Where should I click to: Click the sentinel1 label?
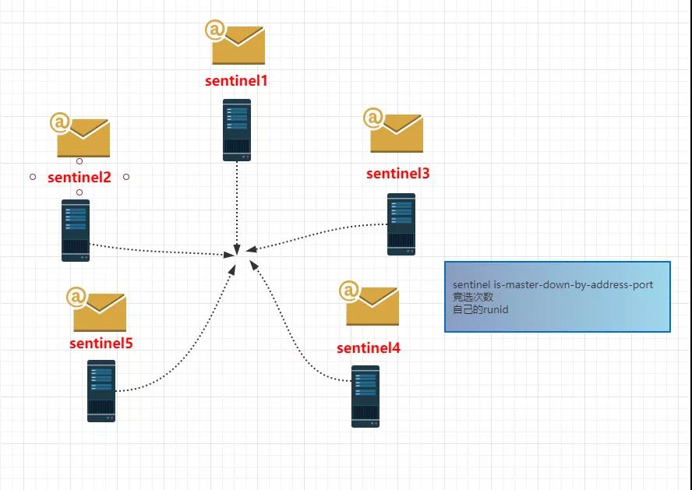[x=236, y=81]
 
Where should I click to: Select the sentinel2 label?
[x=79, y=177]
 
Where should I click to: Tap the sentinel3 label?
[x=397, y=173]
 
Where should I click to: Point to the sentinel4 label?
[x=369, y=348]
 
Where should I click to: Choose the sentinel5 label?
[x=101, y=343]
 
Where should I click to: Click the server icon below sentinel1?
[x=237, y=130]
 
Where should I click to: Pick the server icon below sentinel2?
[x=76, y=231]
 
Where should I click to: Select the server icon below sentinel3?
[x=401, y=224]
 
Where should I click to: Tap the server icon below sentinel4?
[x=365, y=397]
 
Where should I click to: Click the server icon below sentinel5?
[x=101, y=391]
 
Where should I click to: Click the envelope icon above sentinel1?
[x=235, y=42]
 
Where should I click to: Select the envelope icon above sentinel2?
[x=80, y=135]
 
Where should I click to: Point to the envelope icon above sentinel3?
[x=394, y=130]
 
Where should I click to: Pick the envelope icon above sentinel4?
[x=369, y=304]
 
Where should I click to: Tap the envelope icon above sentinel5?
[x=96, y=309]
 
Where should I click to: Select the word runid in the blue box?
[x=495, y=309]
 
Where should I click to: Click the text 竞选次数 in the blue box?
[x=473, y=298]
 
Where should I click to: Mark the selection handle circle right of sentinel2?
[x=126, y=177]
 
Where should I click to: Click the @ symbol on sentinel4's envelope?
[x=349, y=291]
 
